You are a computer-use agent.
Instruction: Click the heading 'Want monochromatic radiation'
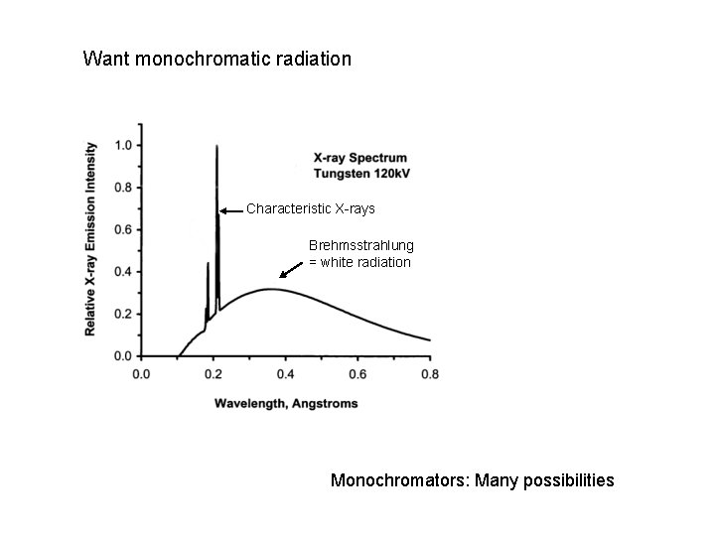tap(216, 60)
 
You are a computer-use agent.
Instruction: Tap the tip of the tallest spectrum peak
tap(216, 147)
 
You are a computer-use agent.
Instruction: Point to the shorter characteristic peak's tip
tap(208, 264)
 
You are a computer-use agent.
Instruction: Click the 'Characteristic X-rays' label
tap(311, 209)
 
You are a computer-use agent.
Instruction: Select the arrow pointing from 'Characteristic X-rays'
tap(231, 210)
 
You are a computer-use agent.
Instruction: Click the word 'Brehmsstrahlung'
tap(361, 245)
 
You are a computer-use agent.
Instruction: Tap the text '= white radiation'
tap(359, 262)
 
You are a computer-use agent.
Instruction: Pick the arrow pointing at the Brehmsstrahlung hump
tap(291, 268)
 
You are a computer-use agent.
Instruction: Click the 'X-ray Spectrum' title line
tap(359, 158)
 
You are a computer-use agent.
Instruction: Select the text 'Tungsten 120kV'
tap(361, 174)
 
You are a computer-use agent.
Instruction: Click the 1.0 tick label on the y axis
tap(123, 146)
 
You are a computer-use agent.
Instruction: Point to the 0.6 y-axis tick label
tap(123, 229)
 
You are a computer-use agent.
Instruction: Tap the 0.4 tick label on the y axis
tap(123, 272)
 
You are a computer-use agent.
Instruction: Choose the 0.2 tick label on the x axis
tap(213, 374)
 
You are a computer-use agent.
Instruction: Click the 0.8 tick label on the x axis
tap(430, 374)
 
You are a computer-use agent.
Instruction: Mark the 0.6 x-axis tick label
tap(357, 374)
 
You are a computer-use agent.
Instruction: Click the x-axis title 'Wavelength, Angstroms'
tap(285, 404)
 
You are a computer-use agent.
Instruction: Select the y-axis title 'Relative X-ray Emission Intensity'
tap(91, 238)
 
